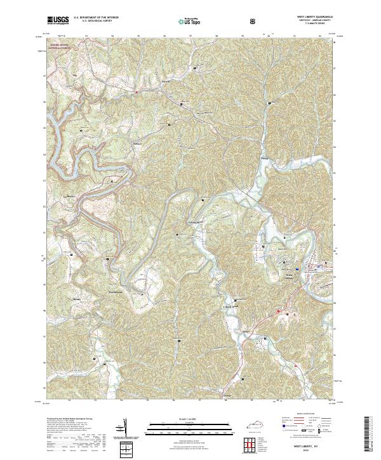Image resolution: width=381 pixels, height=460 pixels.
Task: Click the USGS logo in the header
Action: (x=58, y=21)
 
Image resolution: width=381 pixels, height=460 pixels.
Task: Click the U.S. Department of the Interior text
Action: (x=92, y=18)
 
